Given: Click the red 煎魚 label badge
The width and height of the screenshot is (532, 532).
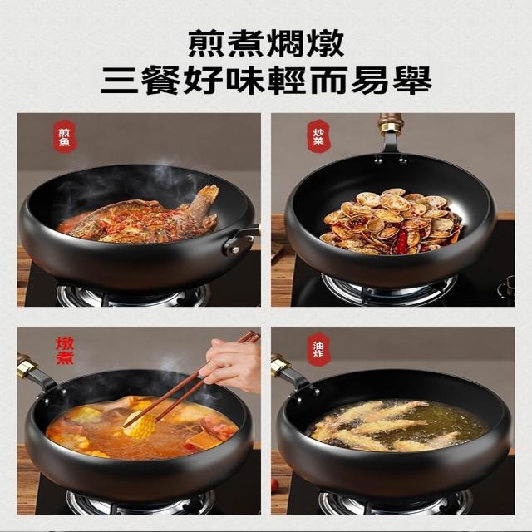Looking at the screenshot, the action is coord(64,137).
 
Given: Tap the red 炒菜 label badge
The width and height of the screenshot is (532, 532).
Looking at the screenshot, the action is coord(318,136).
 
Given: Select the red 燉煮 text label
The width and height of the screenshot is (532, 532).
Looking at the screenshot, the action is coord(65,351).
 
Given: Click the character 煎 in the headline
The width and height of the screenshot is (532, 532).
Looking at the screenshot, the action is coord(205,44).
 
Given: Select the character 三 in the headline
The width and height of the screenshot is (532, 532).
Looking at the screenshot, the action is coord(120,80).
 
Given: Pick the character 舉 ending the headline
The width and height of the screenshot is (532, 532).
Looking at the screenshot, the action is coord(413,80).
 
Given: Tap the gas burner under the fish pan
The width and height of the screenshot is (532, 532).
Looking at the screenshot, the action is coord(134,294).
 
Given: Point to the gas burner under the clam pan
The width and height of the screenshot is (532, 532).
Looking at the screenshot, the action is coord(388,289).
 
